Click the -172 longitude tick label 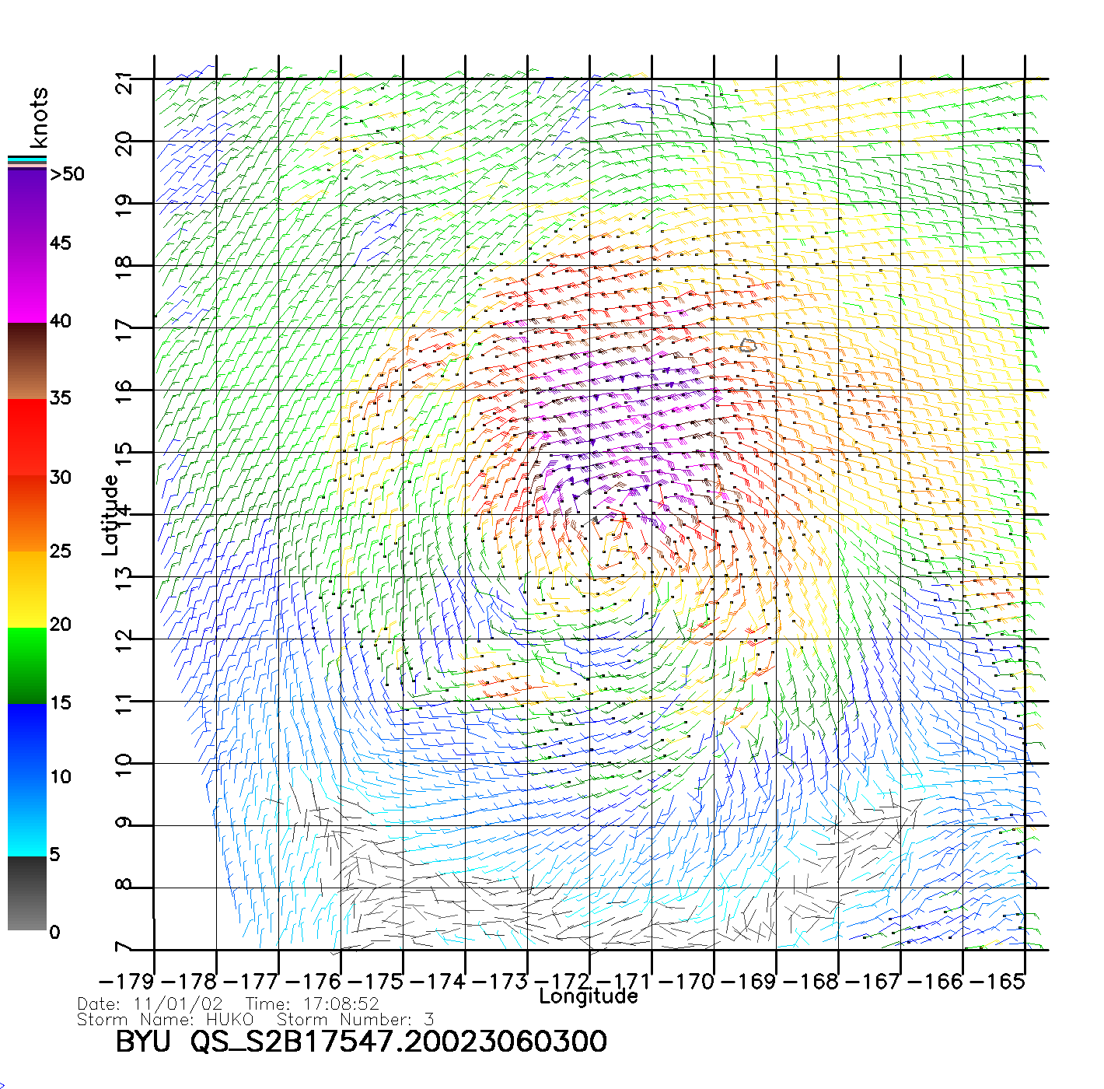[566, 981]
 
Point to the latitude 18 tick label [123, 265]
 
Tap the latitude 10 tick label [123, 763]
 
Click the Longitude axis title [589, 996]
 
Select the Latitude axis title [110, 515]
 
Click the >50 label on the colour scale [67, 174]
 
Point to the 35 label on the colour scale [61, 398]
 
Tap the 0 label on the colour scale [54, 932]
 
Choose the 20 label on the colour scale [61, 624]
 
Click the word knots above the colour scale [39, 117]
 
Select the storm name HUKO [229, 1019]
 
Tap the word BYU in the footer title [142, 1042]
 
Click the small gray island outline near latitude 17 [748, 345]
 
